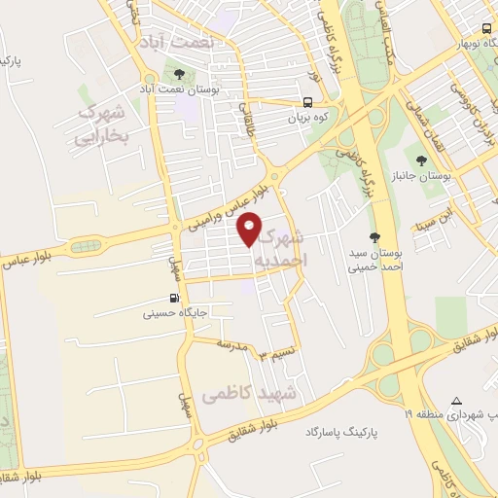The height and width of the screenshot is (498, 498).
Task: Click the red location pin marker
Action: click(251, 229)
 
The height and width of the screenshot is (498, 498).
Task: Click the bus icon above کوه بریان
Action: click(308, 102)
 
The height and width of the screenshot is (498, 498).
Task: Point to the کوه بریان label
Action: click(308, 118)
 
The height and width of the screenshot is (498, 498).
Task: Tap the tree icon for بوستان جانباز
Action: click(421, 160)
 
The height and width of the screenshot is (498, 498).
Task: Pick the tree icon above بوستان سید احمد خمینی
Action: click(375, 237)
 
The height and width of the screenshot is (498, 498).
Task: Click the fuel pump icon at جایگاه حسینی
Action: click(173, 299)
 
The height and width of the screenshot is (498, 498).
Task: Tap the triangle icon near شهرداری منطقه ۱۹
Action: click(457, 401)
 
